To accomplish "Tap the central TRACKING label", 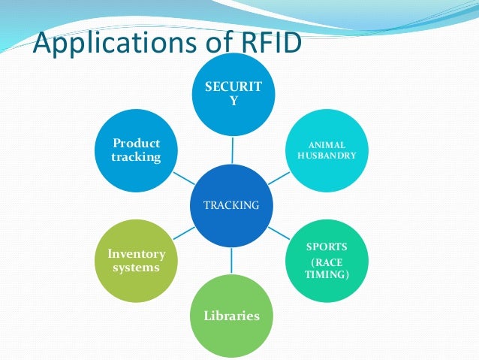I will click(x=233, y=204).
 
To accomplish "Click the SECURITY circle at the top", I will click(x=233, y=94).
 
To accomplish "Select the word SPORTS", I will click(x=327, y=247).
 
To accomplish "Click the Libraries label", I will click(x=232, y=316).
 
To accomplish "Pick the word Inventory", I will click(x=136, y=253).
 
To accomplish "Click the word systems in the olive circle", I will click(x=136, y=267).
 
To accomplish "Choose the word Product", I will click(x=136, y=143).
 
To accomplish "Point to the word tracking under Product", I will click(x=136, y=156).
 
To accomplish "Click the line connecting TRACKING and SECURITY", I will click(x=233, y=149).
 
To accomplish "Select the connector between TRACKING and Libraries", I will click(x=233, y=260).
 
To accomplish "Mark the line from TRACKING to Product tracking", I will click(x=182, y=177).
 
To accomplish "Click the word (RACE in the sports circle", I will click(x=327, y=262).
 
